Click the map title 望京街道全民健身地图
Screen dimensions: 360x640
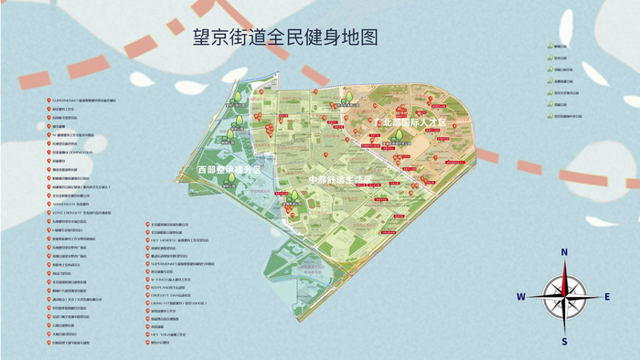pyautogui.click(x=285, y=38)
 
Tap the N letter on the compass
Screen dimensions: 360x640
pyautogui.click(x=565, y=251)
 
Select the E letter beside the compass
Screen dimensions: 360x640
pyautogui.click(x=607, y=296)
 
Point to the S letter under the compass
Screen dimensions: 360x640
pyautogui.click(x=565, y=342)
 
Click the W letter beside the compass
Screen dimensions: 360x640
pyautogui.click(x=520, y=296)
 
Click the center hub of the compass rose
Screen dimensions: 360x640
pyautogui.click(x=565, y=296)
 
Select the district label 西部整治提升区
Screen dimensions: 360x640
pyautogui.click(x=229, y=170)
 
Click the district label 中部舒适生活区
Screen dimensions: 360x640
pyautogui.click(x=339, y=179)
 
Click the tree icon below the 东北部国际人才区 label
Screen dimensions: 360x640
pyautogui.click(x=399, y=139)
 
